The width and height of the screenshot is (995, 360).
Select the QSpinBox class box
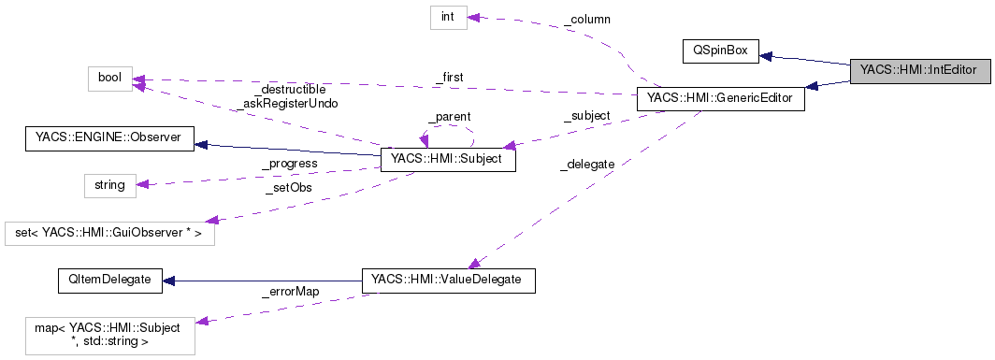click(719, 50)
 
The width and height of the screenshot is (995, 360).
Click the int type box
click(448, 17)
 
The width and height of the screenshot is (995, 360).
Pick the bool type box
click(109, 78)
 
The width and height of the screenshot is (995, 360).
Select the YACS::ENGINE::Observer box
click(108, 140)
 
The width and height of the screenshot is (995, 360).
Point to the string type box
click(109, 184)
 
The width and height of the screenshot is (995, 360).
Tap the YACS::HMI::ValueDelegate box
click(448, 280)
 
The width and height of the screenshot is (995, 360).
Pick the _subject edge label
click(585, 116)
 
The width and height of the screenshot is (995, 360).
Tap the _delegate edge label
click(586, 164)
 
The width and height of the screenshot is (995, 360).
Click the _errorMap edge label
click(290, 292)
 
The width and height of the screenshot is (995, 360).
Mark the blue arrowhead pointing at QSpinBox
click(765, 54)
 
